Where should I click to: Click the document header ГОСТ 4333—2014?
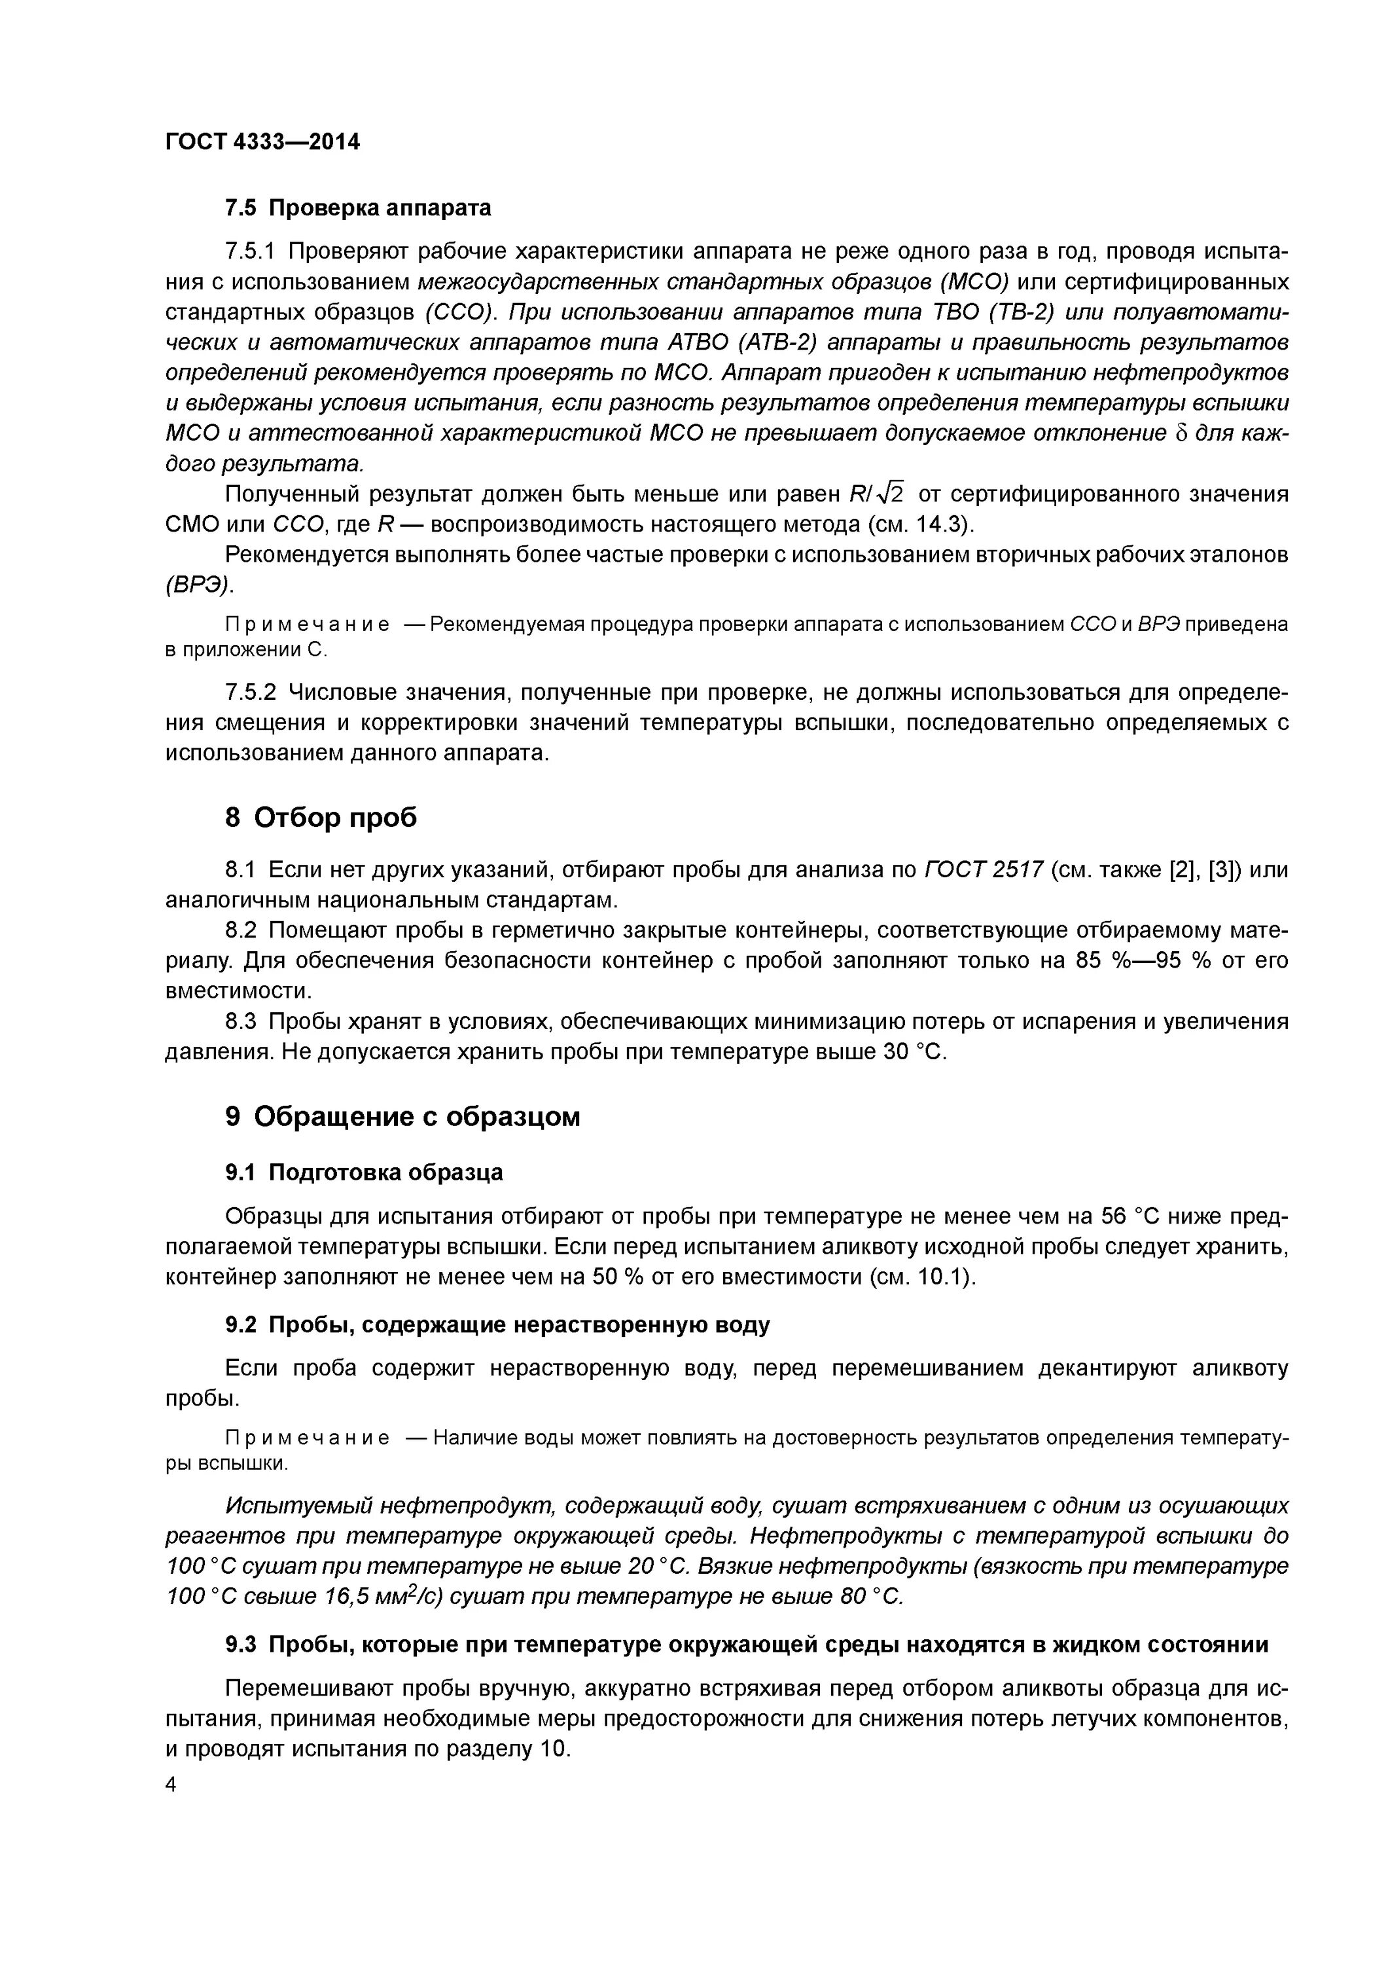(262, 142)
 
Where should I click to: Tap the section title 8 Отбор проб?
(321, 818)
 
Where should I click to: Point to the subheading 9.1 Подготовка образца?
(363, 1172)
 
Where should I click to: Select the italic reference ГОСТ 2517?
(984, 870)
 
